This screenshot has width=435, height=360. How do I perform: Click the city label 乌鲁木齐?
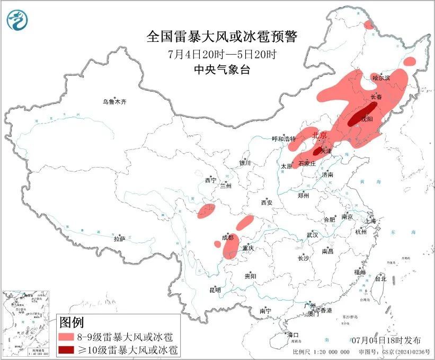(x=114, y=101)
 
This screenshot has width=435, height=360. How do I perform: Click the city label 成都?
(x=228, y=238)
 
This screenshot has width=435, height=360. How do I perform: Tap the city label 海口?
(x=292, y=335)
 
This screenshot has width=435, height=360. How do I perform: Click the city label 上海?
(x=369, y=221)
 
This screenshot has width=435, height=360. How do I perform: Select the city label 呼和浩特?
(x=283, y=139)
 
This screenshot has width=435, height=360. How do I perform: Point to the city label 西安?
(x=266, y=203)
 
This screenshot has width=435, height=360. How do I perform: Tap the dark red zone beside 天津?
(x=318, y=151)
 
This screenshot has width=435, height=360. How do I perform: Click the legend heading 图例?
(x=72, y=322)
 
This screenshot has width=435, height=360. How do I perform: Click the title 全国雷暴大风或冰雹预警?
(x=222, y=37)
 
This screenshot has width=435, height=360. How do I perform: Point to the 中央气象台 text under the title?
(x=222, y=69)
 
